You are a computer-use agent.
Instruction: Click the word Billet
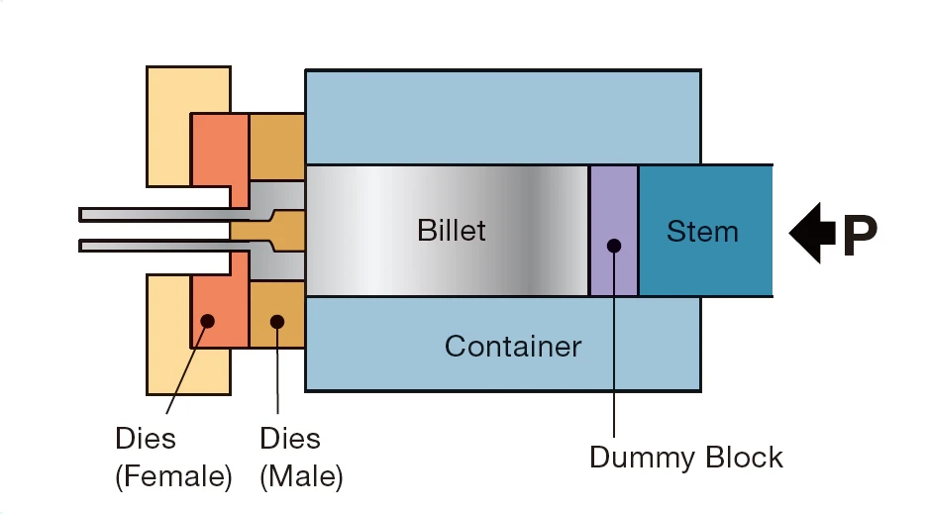click(452, 231)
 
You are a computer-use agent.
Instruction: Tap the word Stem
click(702, 232)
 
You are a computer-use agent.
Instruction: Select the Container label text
click(512, 347)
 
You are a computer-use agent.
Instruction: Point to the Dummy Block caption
click(685, 458)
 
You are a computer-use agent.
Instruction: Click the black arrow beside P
click(811, 234)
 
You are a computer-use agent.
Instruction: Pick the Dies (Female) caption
click(173, 458)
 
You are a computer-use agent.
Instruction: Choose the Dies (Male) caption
click(301, 458)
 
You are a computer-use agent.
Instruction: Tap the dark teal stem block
click(705, 267)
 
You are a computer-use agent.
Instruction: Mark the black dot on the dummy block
click(614, 246)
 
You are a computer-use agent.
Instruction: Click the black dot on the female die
click(208, 321)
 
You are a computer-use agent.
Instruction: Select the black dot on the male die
click(277, 321)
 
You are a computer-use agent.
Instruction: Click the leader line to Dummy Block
click(614, 357)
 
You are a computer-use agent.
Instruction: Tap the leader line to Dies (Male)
click(277, 376)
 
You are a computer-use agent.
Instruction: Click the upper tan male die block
click(276, 147)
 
